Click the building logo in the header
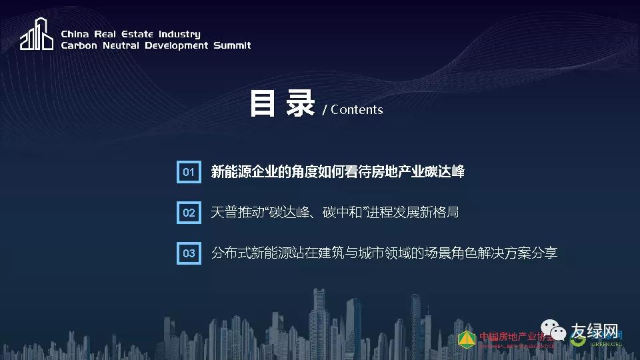tap(36, 34)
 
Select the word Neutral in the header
tap(117, 45)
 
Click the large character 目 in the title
tap(263, 104)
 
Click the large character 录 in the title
tap(300, 104)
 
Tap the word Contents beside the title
tap(357, 110)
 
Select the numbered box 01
tap(189, 172)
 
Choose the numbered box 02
tap(189, 213)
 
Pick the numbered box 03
tap(189, 253)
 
